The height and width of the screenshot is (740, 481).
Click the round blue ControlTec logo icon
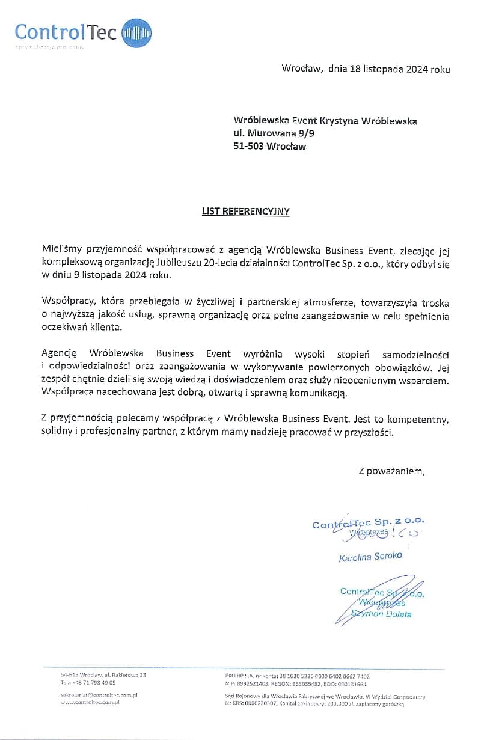pyautogui.click(x=136, y=32)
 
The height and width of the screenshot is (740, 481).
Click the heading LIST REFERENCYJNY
pyautogui.click(x=245, y=212)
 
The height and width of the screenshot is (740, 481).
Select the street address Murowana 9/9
pyautogui.click(x=280, y=133)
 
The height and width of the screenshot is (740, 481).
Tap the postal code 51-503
pyautogui.click(x=248, y=146)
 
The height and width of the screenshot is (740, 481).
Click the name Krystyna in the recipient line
pyautogui.click(x=339, y=121)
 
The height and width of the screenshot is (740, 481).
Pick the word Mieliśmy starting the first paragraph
pyautogui.click(x=62, y=248)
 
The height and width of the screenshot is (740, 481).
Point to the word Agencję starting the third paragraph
pyautogui.click(x=60, y=353)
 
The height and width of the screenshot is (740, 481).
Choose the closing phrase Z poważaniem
pyautogui.click(x=391, y=471)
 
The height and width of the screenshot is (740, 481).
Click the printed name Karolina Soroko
pyautogui.click(x=370, y=557)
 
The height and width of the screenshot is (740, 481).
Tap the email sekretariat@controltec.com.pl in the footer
pyautogui.click(x=99, y=695)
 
